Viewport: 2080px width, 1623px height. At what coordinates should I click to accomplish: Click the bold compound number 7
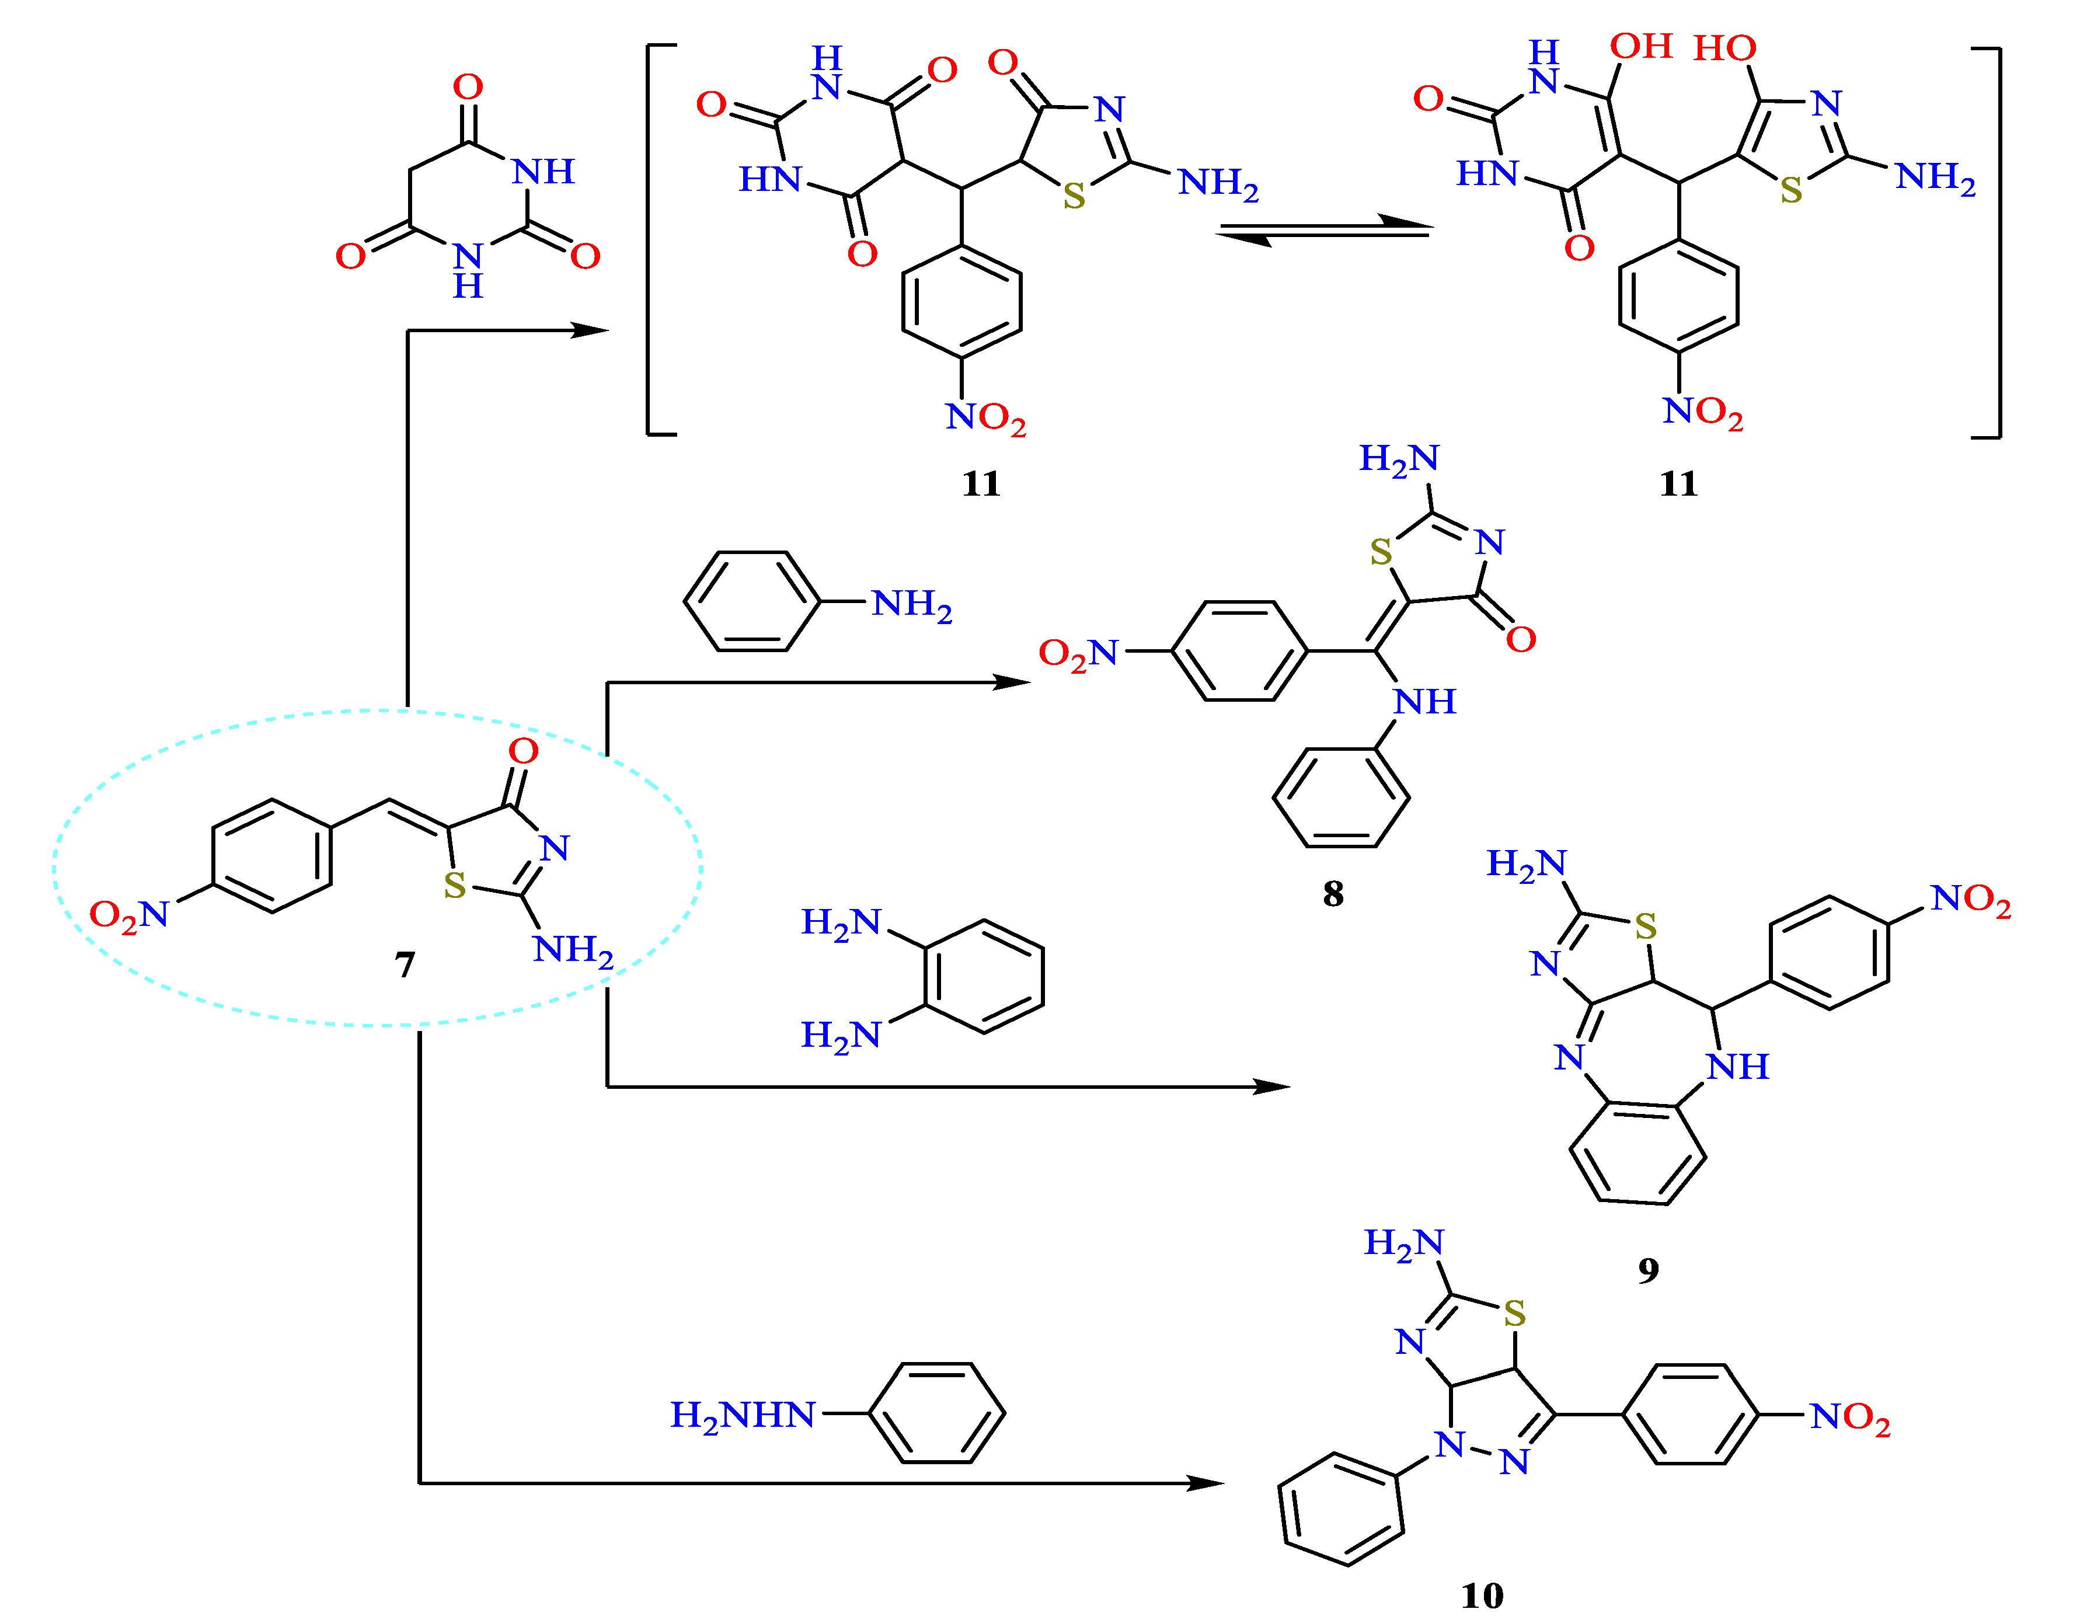click(x=405, y=965)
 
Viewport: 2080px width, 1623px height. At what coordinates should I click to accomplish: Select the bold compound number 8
click(x=1333, y=893)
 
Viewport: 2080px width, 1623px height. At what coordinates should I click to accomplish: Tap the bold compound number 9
click(x=1649, y=1270)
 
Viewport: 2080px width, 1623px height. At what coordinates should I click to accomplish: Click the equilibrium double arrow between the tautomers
click(x=1324, y=231)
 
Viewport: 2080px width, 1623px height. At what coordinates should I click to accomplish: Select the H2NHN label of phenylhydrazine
click(x=743, y=1415)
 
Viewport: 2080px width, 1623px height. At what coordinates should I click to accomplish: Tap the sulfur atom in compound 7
click(x=455, y=886)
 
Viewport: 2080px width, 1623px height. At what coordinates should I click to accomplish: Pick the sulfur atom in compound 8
click(x=1381, y=552)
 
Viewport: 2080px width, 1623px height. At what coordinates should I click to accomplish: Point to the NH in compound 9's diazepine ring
click(x=1737, y=1067)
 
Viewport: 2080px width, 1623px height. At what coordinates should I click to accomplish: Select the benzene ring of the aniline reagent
click(x=752, y=601)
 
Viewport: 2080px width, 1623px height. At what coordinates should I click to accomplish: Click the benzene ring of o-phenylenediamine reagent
click(x=984, y=976)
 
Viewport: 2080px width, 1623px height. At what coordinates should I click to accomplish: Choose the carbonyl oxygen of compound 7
click(x=523, y=751)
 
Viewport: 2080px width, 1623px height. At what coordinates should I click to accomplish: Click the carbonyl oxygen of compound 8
click(x=1521, y=639)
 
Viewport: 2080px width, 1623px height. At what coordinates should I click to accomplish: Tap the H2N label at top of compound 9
click(x=1526, y=864)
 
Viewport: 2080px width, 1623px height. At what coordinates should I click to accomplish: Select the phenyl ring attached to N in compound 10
click(x=1341, y=1510)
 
